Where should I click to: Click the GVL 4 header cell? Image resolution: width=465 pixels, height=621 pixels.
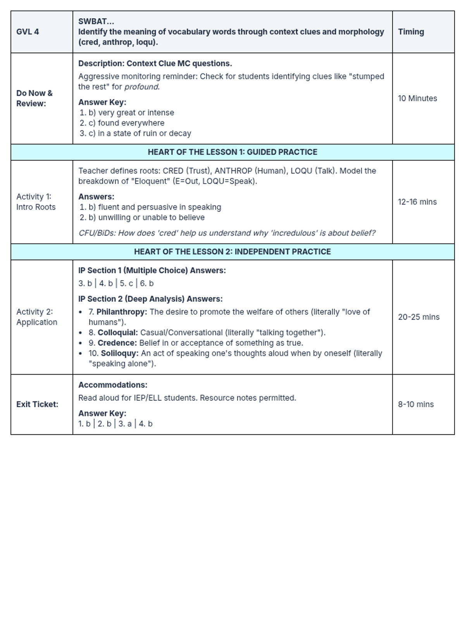tap(28, 32)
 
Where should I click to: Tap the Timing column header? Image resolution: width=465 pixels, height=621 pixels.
tap(411, 32)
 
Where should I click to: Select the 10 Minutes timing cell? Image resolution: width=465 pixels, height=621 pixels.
tap(417, 99)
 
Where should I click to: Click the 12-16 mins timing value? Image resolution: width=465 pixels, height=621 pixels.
tap(417, 202)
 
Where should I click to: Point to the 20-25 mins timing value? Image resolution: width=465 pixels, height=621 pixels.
tap(418, 317)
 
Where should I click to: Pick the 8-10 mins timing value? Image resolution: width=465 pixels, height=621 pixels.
tap(415, 404)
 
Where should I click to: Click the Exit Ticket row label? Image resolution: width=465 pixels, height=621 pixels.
tap(37, 404)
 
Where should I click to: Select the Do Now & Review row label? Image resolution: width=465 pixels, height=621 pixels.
tap(34, 99)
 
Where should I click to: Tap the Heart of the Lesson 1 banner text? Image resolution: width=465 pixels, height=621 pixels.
tap(232, 152)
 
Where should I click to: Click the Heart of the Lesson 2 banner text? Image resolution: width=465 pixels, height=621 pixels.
tap(232, 252)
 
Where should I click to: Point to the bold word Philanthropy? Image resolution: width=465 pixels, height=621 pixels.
tap(122, 312)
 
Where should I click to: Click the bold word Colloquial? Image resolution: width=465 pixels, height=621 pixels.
tap(118, 333)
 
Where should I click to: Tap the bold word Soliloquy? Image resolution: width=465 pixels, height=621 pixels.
tap(119, 354)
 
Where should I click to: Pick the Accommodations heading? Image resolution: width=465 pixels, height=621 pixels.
tap(113, 385)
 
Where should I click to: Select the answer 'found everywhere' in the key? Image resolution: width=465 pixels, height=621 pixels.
tap(131, 123)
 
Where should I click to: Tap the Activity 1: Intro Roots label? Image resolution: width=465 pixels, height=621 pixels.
tap(36, 202)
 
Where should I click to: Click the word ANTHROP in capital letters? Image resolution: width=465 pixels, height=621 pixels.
tap(233, 171)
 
